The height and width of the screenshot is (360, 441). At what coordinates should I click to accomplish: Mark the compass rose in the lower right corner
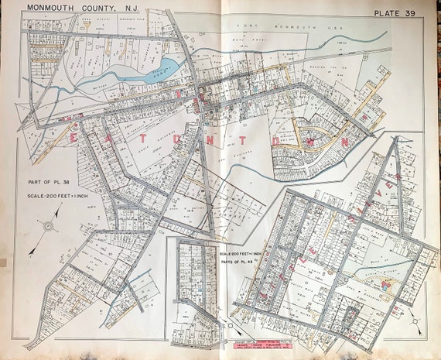[416, 317]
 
